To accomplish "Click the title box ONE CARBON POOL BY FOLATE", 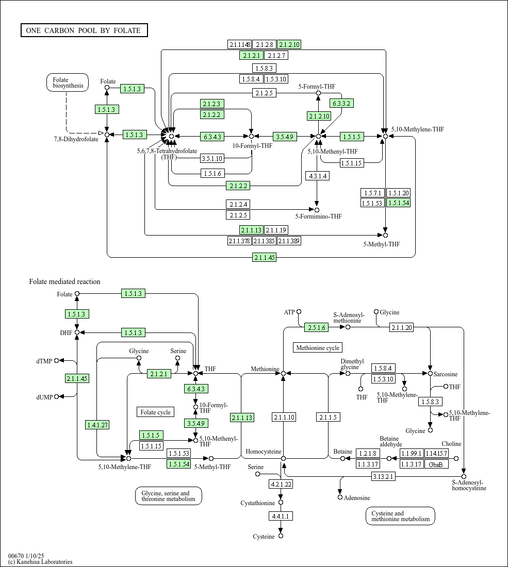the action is point(84,30).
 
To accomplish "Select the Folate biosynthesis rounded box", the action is point(67,82).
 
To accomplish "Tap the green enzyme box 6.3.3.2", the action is point(341,104).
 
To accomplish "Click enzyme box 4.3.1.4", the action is point(317,176).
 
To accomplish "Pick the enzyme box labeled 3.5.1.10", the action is point(212,158).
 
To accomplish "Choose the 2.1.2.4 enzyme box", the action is point(238,204).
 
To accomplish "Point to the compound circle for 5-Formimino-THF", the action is point(317,210).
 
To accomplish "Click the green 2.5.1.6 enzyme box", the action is point(317,328).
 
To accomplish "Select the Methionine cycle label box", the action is point(318,348).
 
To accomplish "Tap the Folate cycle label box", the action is point(156,412).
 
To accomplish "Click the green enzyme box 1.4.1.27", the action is point(97,425).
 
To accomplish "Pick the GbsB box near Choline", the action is point(436,464).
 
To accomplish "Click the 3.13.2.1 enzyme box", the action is point(383,477).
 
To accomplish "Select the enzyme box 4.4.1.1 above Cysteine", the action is point(281,516).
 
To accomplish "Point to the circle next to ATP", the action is point(299,312).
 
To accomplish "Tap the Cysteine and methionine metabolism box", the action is point(401,516).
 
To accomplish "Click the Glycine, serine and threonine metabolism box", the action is point(168,496).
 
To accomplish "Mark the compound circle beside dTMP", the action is point(56,360).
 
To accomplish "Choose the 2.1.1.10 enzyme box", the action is point(284,418).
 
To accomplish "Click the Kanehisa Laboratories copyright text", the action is point(40,562).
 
